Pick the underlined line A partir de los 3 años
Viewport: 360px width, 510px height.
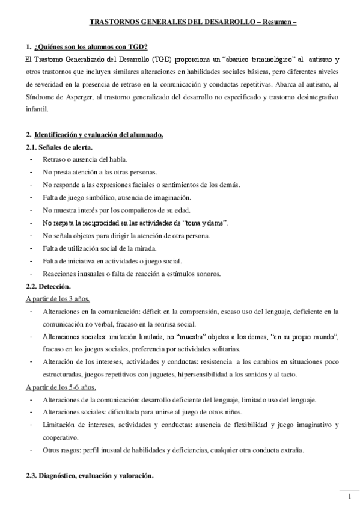[58, 298]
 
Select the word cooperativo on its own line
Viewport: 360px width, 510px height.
[62, 437]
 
